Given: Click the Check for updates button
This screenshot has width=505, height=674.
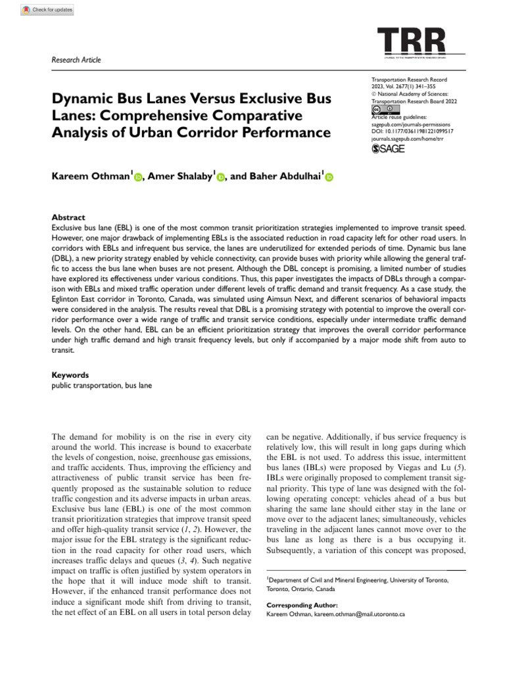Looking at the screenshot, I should click(47, 10).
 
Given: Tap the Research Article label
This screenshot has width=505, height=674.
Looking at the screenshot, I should click(76, 60).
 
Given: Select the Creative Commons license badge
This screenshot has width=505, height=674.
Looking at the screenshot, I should click(383, 109).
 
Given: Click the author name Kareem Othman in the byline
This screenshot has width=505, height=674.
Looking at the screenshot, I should click(91, 176).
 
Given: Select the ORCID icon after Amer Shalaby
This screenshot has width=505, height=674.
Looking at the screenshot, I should click(220, 177).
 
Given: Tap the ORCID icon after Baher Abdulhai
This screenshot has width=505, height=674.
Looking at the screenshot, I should click(329, 177).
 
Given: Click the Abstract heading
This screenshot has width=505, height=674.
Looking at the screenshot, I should click(68, 217).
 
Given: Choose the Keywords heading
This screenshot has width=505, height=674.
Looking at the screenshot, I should click(70, 375).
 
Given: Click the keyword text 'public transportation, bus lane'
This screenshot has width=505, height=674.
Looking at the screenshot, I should click(102, 385).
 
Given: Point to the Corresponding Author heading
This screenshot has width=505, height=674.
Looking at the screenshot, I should click(302, 604).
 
